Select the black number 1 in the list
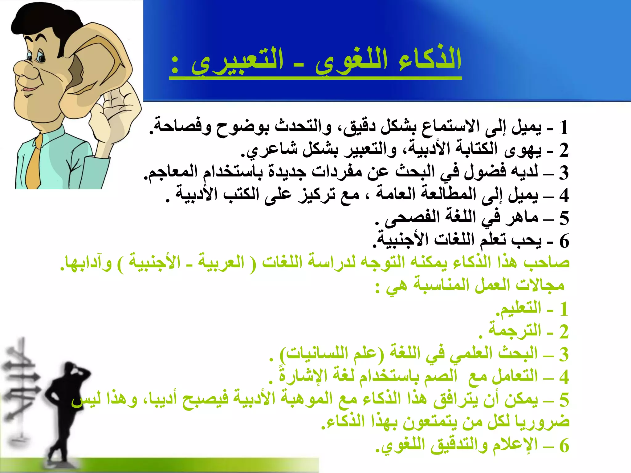click(x=564, y=128)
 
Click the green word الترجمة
click(x=515, y=331)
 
